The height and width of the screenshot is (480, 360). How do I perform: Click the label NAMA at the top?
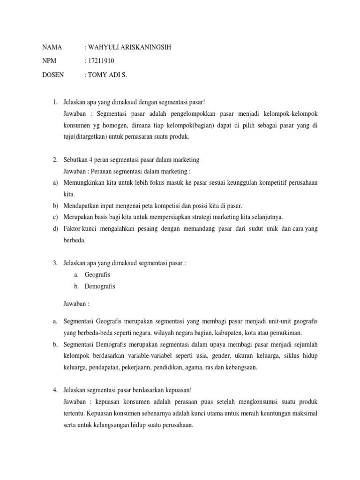click(52, 47)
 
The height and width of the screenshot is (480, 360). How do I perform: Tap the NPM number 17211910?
click(101, 61)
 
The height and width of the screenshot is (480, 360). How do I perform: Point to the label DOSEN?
click(53, 74)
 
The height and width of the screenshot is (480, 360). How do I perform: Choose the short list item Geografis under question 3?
click(97, 274)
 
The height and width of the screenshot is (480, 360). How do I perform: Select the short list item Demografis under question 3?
click(100, 286)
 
